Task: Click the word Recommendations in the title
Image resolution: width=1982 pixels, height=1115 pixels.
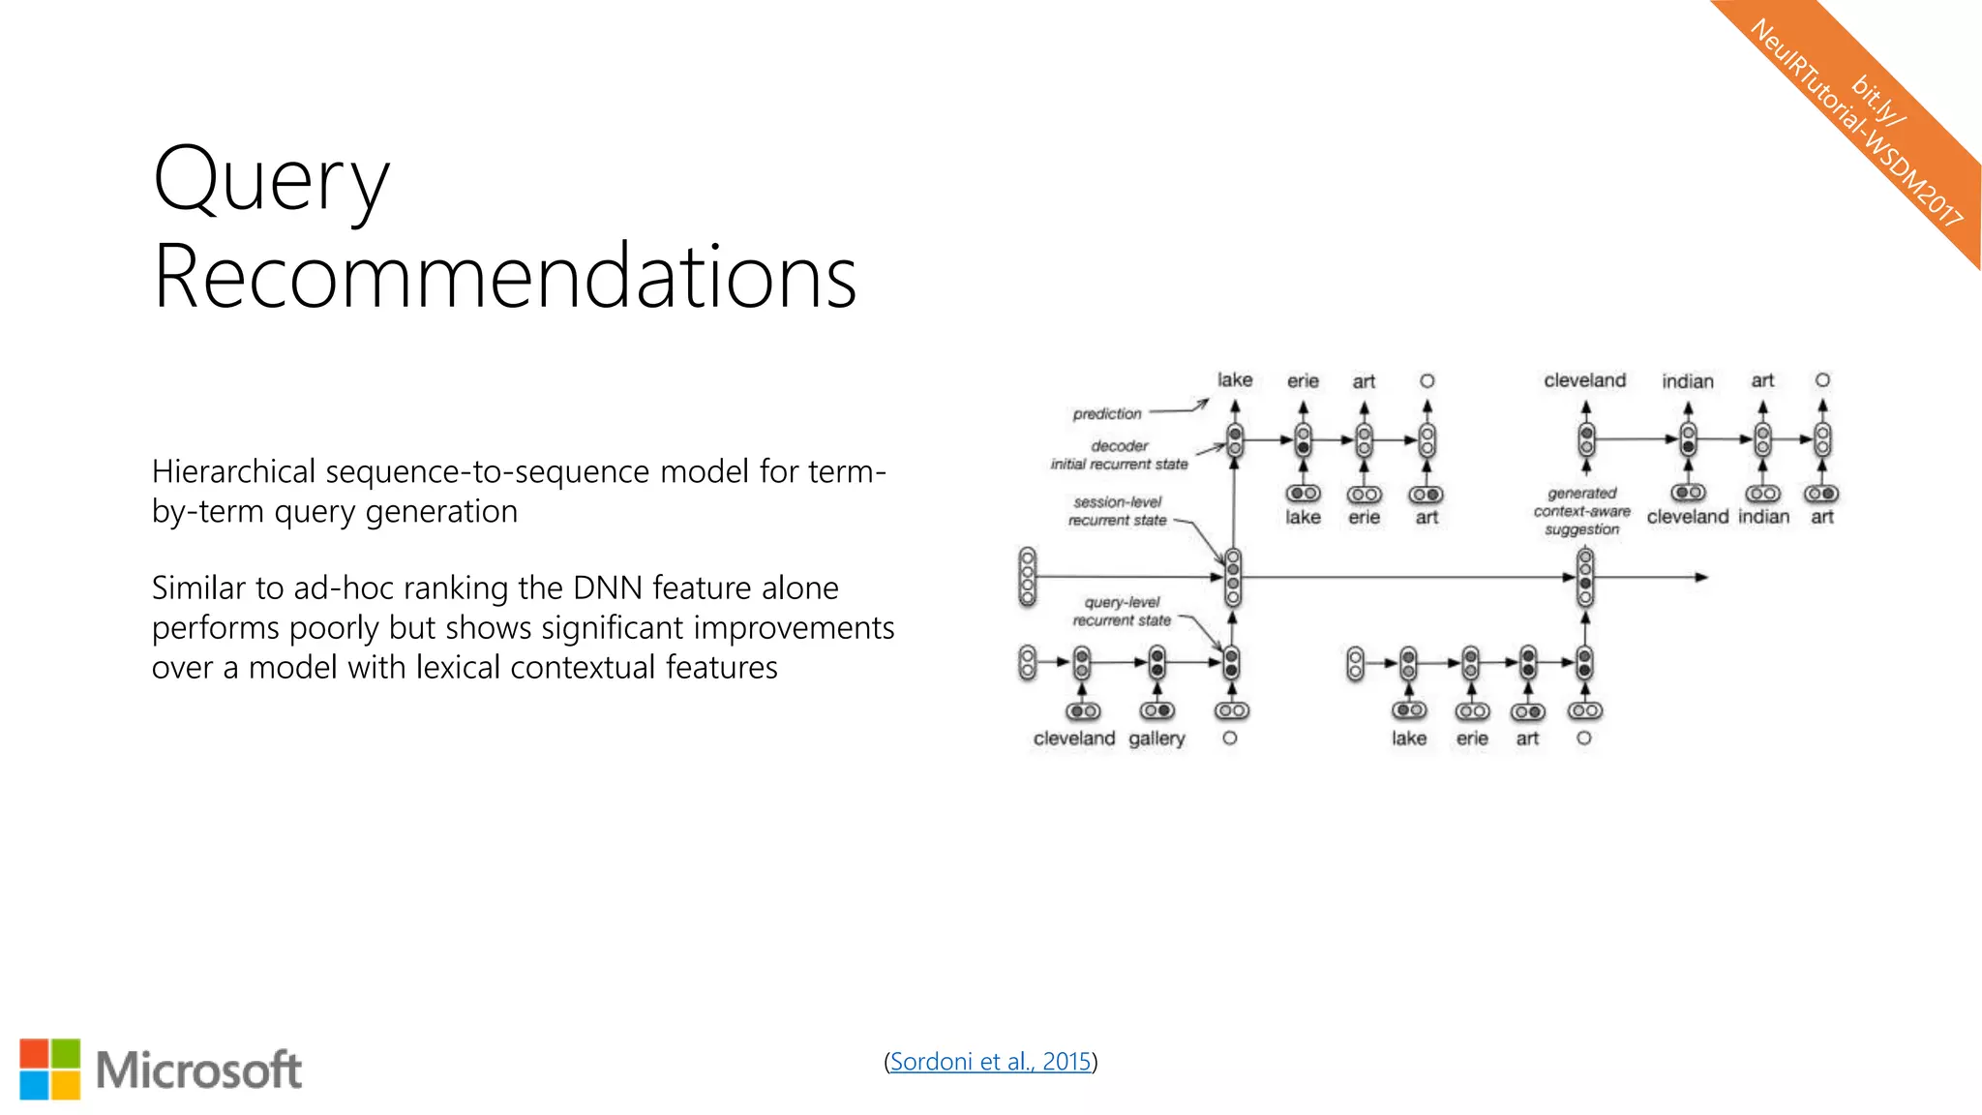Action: click(x=504, y=278)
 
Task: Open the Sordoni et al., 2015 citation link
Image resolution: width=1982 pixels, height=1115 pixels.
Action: click(x=990, y=1062)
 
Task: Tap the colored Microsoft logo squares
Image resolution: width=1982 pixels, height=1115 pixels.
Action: click(x=50, y=1070)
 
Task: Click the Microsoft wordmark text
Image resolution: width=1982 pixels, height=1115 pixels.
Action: click(x=199, y=1070)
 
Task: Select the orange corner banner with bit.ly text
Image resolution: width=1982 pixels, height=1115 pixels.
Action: click(x=1868, y=116)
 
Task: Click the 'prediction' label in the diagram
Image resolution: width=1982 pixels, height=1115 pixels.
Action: click(x=1106, y=414)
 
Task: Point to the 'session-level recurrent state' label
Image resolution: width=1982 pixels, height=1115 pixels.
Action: click(x=1117, y=511)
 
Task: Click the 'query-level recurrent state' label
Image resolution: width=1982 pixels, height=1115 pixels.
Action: click(x=1121, y=611)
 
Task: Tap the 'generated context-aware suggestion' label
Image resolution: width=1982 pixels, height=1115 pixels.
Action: click(x=1581, y=511)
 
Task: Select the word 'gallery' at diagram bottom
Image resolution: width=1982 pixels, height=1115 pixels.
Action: click(x=1156, y=738)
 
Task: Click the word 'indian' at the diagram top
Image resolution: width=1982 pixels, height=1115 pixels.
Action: click(x=1687, y=381)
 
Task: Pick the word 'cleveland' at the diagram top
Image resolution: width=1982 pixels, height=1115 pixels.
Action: click(x=1584, y=380)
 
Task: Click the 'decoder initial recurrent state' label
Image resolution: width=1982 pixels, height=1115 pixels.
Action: click(x=1119, y=455)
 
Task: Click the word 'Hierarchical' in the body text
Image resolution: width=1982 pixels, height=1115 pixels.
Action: click(x=233, y=472)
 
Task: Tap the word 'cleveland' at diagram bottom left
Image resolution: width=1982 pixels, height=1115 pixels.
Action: click(x=1073, y=738)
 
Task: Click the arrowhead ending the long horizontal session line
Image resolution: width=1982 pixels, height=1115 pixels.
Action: click(x=1700, y=577)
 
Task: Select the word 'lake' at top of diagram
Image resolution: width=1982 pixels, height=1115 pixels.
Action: click(x=1234, y=380)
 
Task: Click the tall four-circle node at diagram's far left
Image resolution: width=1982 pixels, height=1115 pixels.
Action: click(x=1028, y=577)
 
